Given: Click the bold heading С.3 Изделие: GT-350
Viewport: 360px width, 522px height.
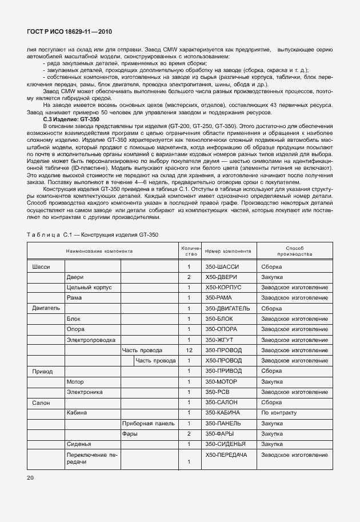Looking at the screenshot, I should pos(63,119).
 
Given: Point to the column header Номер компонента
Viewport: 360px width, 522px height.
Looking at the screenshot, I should pos(227,251).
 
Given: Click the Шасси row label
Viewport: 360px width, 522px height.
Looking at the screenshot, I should pos(41,267).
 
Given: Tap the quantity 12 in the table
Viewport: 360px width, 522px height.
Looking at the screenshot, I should pos(189,350).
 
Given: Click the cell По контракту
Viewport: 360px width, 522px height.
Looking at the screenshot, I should pos(279,412).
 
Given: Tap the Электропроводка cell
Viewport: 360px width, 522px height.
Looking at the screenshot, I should pos(87,340).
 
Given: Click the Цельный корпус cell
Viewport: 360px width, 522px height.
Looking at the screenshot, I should pos(85,288).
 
